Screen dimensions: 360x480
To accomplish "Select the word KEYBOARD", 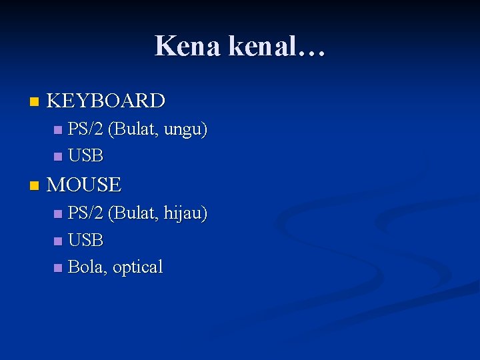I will point(106,101).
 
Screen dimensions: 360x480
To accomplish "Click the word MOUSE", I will point(84,185).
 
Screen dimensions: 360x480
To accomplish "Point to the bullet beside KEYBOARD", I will point(35,102).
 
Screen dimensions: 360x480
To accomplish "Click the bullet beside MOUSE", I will point(35,186).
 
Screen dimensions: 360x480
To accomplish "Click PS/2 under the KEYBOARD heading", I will point(86,129).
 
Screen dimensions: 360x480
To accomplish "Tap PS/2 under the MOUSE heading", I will point(86,213).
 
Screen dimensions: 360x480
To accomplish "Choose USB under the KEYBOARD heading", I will point(86,156).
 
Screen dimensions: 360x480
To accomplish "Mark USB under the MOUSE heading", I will point(86,240).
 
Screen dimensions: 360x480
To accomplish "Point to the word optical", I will point(137,267).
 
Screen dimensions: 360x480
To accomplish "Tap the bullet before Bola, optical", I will point(57,268).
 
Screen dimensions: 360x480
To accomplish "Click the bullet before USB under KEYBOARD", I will point(57,157).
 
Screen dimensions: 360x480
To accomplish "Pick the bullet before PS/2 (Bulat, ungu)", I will point(57,130).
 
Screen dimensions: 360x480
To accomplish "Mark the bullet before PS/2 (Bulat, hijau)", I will point(57,214).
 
